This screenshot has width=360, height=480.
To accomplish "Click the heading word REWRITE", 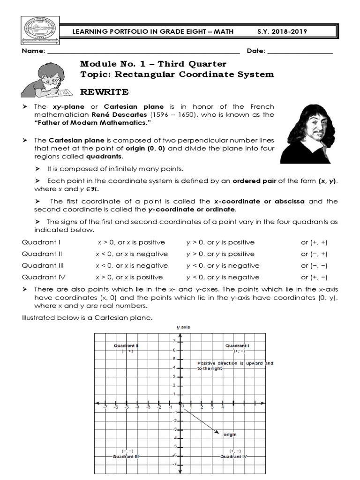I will coord(104,91).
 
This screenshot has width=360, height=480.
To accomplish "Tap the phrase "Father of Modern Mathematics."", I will coord(93,123).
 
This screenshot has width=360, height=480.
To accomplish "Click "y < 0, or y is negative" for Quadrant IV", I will coord(223,277).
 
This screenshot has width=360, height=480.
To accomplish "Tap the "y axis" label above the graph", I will coord(183,327).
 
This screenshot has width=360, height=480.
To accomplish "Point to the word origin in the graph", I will coord(230,435).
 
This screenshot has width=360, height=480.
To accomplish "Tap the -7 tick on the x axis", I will coord(105,407).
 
